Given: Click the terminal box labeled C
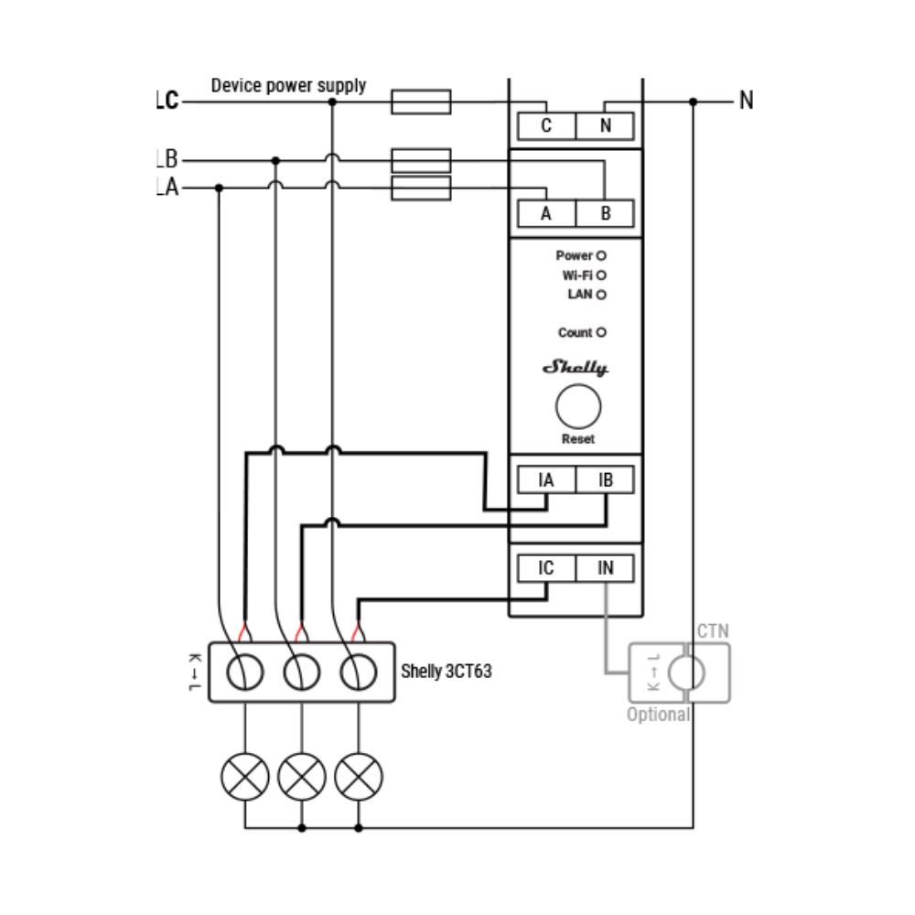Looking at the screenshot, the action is pos(547,126).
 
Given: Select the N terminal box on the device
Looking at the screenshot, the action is pos(605,126).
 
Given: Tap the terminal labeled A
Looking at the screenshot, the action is pos(547,213).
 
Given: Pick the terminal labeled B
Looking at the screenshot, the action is pos(605,213).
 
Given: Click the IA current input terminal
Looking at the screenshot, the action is pos(547,479).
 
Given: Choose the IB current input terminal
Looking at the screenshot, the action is pos(605,479).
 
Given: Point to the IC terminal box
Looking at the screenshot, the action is pos(547,568).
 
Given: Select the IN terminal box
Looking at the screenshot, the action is pos(605,568).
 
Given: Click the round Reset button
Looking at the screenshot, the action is pos(578,407).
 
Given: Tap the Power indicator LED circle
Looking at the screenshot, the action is pos(601,255).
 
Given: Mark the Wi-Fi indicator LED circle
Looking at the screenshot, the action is pos(601,275).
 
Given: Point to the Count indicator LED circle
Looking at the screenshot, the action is pos(601,333).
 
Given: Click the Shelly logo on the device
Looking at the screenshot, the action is pos(576,367).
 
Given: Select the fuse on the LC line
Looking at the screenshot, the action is pos(421,102).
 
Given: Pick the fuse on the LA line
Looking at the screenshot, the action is pos(421,188).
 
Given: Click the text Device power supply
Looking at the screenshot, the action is pos(288,86).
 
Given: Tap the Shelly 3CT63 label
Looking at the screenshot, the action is pos(447,671).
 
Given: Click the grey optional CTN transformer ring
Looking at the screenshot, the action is pos(670,673).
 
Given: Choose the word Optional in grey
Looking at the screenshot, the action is pos(658,715).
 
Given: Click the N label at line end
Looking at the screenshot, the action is pos(747,101).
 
